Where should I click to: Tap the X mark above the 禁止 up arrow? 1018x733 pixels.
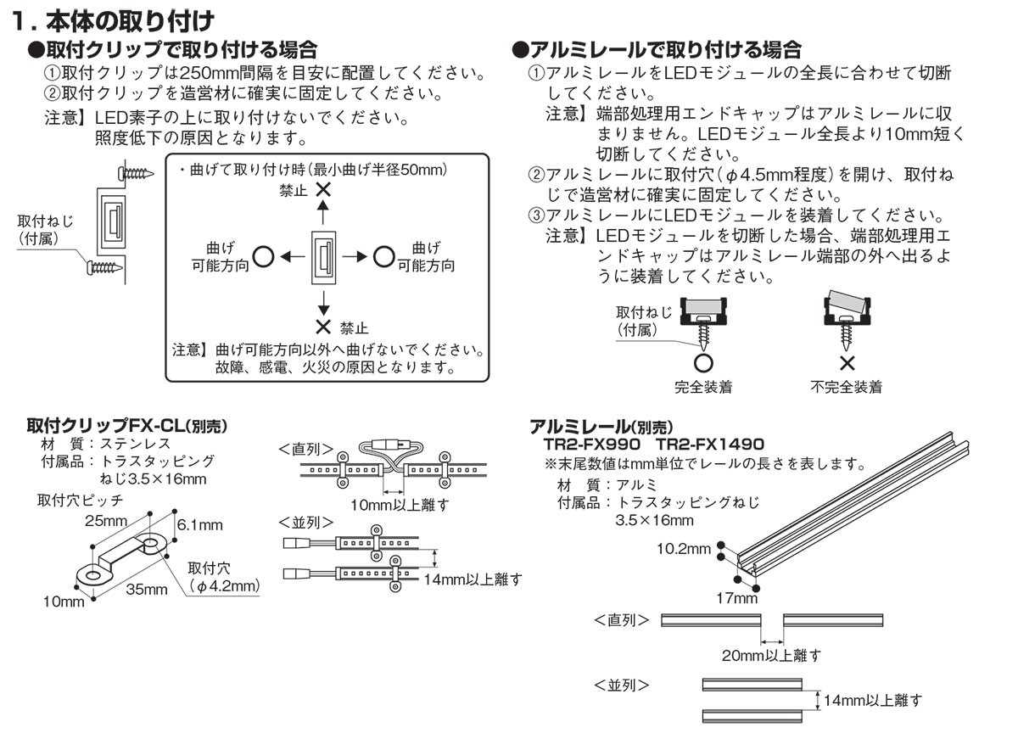click(x=322, y=191)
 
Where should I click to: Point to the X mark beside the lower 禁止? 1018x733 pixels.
click(x=322, y=327)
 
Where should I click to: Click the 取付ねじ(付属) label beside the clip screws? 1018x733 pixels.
click(x=46, y=230)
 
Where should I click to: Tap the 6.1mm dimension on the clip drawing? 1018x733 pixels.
click(x=200, y=525)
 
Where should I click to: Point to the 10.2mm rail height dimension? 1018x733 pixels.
click(x=684, y=549)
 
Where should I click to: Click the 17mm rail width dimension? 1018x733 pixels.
click(x=736, y=598)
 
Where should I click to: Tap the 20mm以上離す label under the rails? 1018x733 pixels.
click(x=773, y=655)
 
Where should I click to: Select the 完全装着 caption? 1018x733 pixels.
click(x=703, y=387)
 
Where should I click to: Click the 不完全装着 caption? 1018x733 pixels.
click(x=846, y=387)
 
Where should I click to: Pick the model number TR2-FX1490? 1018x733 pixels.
click(x=710, y=444)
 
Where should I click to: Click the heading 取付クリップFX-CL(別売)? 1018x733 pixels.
click(x=127, y=426)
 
